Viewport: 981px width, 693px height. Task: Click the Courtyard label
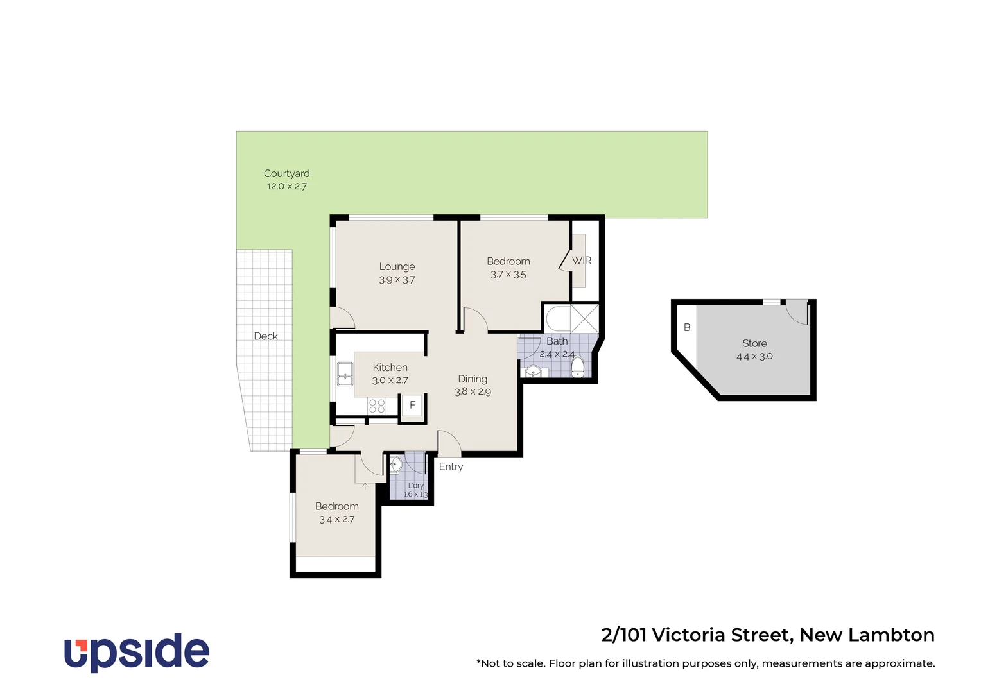[x=286, y=173]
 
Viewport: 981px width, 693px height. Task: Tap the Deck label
[x=266, y=336]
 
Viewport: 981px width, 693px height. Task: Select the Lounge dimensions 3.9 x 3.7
[x=397, y=280]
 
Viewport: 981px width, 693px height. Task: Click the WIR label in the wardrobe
[x=581, y=261]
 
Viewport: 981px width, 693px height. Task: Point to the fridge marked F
[x=412, y=406]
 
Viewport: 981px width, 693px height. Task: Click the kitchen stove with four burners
[x=377, y=406]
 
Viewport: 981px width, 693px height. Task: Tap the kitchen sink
[x=345, y=373]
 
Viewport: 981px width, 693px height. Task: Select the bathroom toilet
[x=578, y=366]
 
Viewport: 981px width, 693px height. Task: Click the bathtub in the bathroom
[x=557, y=318]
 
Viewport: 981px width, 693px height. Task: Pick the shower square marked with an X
[x=585, y=318]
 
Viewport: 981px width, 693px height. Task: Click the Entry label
[x=451, y=466]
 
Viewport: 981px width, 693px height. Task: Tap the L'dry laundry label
[x=416, y=486]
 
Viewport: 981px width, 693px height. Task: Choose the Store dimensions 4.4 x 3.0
[x=754, y=357]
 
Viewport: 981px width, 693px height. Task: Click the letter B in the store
[x=687, y=327]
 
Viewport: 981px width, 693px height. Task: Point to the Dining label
[x=473, y=379]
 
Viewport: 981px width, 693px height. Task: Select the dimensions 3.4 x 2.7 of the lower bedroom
[x=336, y=520]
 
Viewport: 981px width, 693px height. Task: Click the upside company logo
[x=137, y=652]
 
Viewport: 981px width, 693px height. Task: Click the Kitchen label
[x=390, y=368]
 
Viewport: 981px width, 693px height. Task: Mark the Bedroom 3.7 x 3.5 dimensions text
[x=508, y=275]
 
